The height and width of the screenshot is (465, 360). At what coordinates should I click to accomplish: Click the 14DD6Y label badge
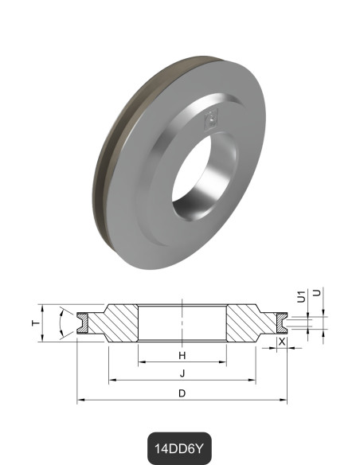pos(180,447)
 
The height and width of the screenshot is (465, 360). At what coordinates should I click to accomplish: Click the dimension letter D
pos(182,393)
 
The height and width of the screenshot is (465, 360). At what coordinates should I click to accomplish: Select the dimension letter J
pos(182,373)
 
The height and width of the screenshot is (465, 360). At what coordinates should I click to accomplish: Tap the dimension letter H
pos(182,354)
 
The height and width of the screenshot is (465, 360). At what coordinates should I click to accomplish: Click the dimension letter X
pos(282,341)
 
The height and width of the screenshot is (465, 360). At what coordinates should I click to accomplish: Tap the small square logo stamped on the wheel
pos(211,122)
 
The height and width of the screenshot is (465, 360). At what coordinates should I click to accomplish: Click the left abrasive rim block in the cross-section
pos(82,322)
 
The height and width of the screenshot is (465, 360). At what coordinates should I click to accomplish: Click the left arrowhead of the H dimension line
pos(142,361)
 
